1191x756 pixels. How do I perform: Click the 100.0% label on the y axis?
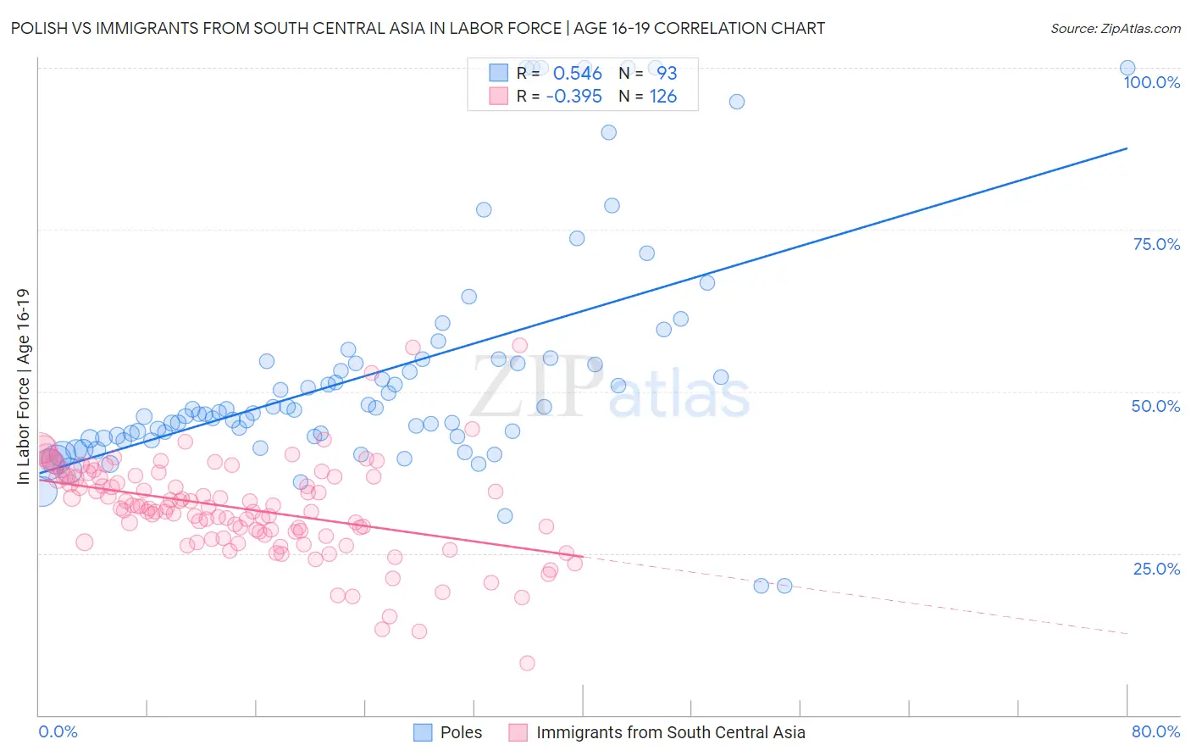tap(1151, 82)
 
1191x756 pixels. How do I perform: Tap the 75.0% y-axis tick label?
tap(1156, 244)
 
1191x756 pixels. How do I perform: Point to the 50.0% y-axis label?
tap(1155, 406)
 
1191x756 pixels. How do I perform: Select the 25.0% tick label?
tap(1156, 568)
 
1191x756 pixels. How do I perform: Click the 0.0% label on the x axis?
tap(58, 731)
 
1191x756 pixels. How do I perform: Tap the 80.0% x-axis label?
tap(1155, 731)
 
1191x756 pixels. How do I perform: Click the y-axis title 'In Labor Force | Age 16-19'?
tap(23, 386)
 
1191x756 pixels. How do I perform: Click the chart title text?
tap(418, 29)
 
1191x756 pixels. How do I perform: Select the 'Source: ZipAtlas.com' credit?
tap(1115, 29)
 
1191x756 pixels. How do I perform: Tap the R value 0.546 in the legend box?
tap(577, 74)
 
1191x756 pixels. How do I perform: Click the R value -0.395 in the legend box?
tap(573, 97)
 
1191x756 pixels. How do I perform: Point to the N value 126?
tap(663, 97)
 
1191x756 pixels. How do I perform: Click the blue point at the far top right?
tap(1127, 68)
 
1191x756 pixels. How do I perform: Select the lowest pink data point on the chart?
tap(527, 663)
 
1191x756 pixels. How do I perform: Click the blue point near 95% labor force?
tap(737, 102)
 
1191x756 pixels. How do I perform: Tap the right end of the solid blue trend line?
tap(1127, 148)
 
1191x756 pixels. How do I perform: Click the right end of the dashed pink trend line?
tap(1127, 633)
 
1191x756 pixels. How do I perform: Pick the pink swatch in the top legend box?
tap(498, 96)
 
